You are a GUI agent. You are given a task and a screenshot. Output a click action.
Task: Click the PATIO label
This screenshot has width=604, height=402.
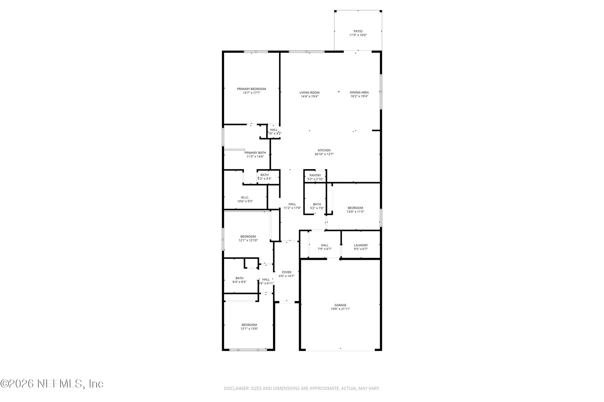pos(358,31)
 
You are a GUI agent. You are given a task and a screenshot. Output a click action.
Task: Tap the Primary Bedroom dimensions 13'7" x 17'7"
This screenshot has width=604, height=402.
pos(251,93)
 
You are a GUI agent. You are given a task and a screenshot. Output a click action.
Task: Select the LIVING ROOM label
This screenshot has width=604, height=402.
pos(309,93)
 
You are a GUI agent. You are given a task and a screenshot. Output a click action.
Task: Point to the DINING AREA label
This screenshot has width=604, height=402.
pos(359,93)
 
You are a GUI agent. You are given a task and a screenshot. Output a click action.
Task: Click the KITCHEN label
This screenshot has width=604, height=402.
pos(324,150)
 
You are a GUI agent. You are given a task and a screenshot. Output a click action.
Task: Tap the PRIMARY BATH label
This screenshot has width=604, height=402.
pos(255,153)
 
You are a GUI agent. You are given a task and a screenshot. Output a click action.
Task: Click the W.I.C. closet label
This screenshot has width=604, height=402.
pos(245,198)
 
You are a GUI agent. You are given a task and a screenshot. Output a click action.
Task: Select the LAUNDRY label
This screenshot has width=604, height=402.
pos(361,245)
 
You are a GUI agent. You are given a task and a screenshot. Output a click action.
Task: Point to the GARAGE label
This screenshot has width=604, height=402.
pos(340,305)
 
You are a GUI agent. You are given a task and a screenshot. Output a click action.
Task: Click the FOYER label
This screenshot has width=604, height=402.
pos(286,272)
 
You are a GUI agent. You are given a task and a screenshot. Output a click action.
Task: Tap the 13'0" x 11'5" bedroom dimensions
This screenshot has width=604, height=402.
pos(355,212)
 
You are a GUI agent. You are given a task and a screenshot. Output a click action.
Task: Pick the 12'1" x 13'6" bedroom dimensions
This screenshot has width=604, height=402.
pos(249,329)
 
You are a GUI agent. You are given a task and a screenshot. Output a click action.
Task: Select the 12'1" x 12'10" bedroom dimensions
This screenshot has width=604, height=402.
pos(248,241)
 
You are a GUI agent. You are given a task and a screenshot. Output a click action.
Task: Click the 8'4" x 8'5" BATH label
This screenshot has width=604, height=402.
pos(239,278)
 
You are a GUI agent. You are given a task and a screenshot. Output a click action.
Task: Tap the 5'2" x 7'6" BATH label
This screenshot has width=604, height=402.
pos(317,204)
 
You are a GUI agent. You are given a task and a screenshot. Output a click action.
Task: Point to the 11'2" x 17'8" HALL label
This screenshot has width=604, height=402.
pos(292,204)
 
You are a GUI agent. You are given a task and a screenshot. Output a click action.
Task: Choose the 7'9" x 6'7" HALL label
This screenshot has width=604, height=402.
pos(325,245)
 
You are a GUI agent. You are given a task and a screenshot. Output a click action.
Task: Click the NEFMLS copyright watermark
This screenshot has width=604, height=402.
pos(52,383)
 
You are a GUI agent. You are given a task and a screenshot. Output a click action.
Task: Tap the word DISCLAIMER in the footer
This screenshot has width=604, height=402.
pos(236,388)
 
